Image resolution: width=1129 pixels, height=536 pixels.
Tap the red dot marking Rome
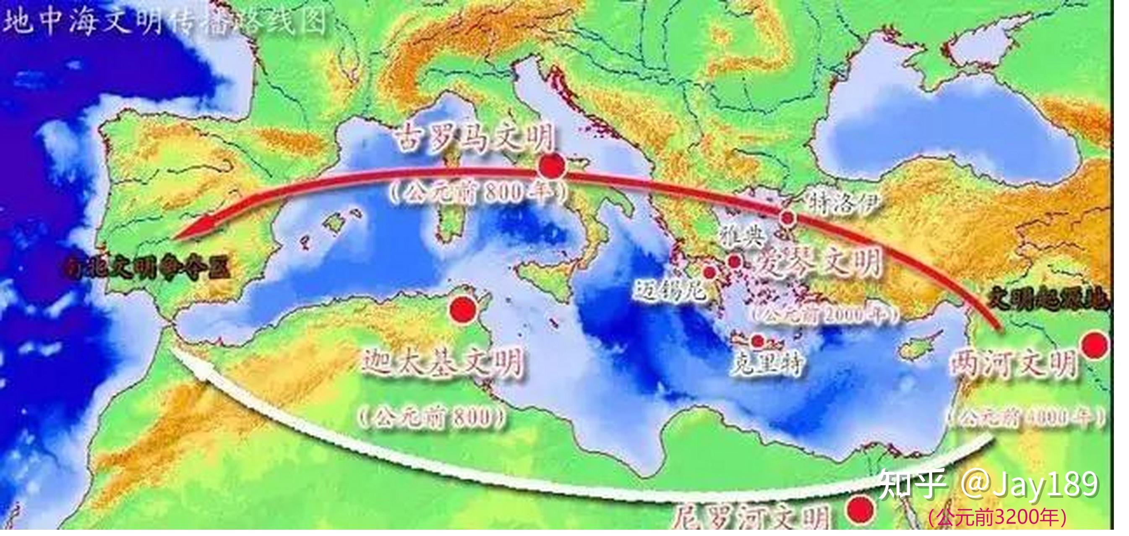551,166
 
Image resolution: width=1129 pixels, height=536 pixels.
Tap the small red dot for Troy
787,216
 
